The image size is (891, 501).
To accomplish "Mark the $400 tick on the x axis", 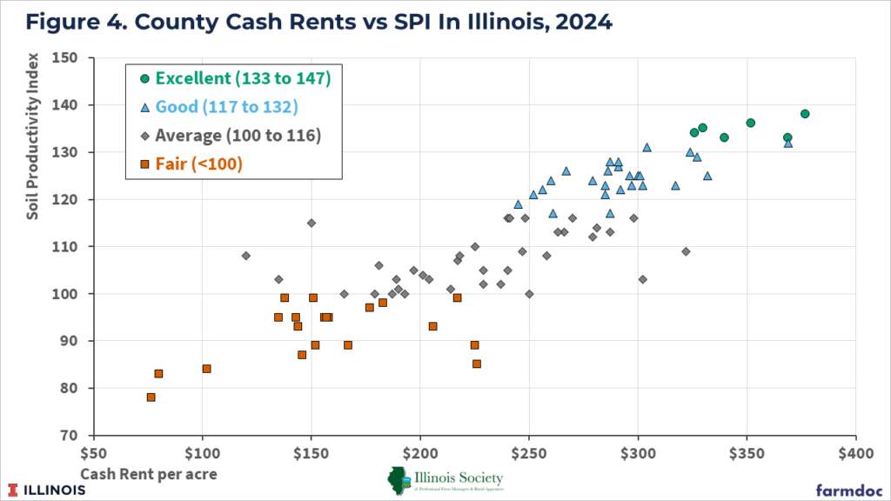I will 855,453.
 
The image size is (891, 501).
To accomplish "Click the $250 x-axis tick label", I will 529,453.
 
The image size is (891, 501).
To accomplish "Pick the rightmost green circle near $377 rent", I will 805,114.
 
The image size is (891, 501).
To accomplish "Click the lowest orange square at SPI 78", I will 151,397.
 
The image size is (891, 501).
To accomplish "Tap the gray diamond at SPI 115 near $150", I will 311,223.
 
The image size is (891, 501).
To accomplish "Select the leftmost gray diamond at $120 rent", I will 245,256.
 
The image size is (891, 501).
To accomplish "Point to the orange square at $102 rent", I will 206,369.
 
